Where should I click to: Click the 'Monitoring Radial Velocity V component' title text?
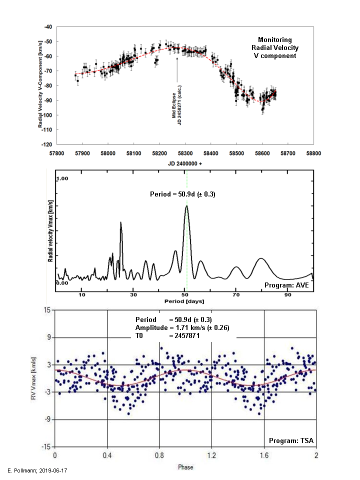point(274,48)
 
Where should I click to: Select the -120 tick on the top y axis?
point(48,144)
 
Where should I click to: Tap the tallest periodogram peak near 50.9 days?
point(186,206)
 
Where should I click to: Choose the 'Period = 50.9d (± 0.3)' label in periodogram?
point(182,194)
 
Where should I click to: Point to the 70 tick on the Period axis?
point(235,295)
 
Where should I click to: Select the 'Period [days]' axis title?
point(183,302)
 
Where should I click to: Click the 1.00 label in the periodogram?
point(62,178)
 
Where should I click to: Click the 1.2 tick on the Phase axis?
point(211,456)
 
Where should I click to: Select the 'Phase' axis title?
point(185,467)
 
